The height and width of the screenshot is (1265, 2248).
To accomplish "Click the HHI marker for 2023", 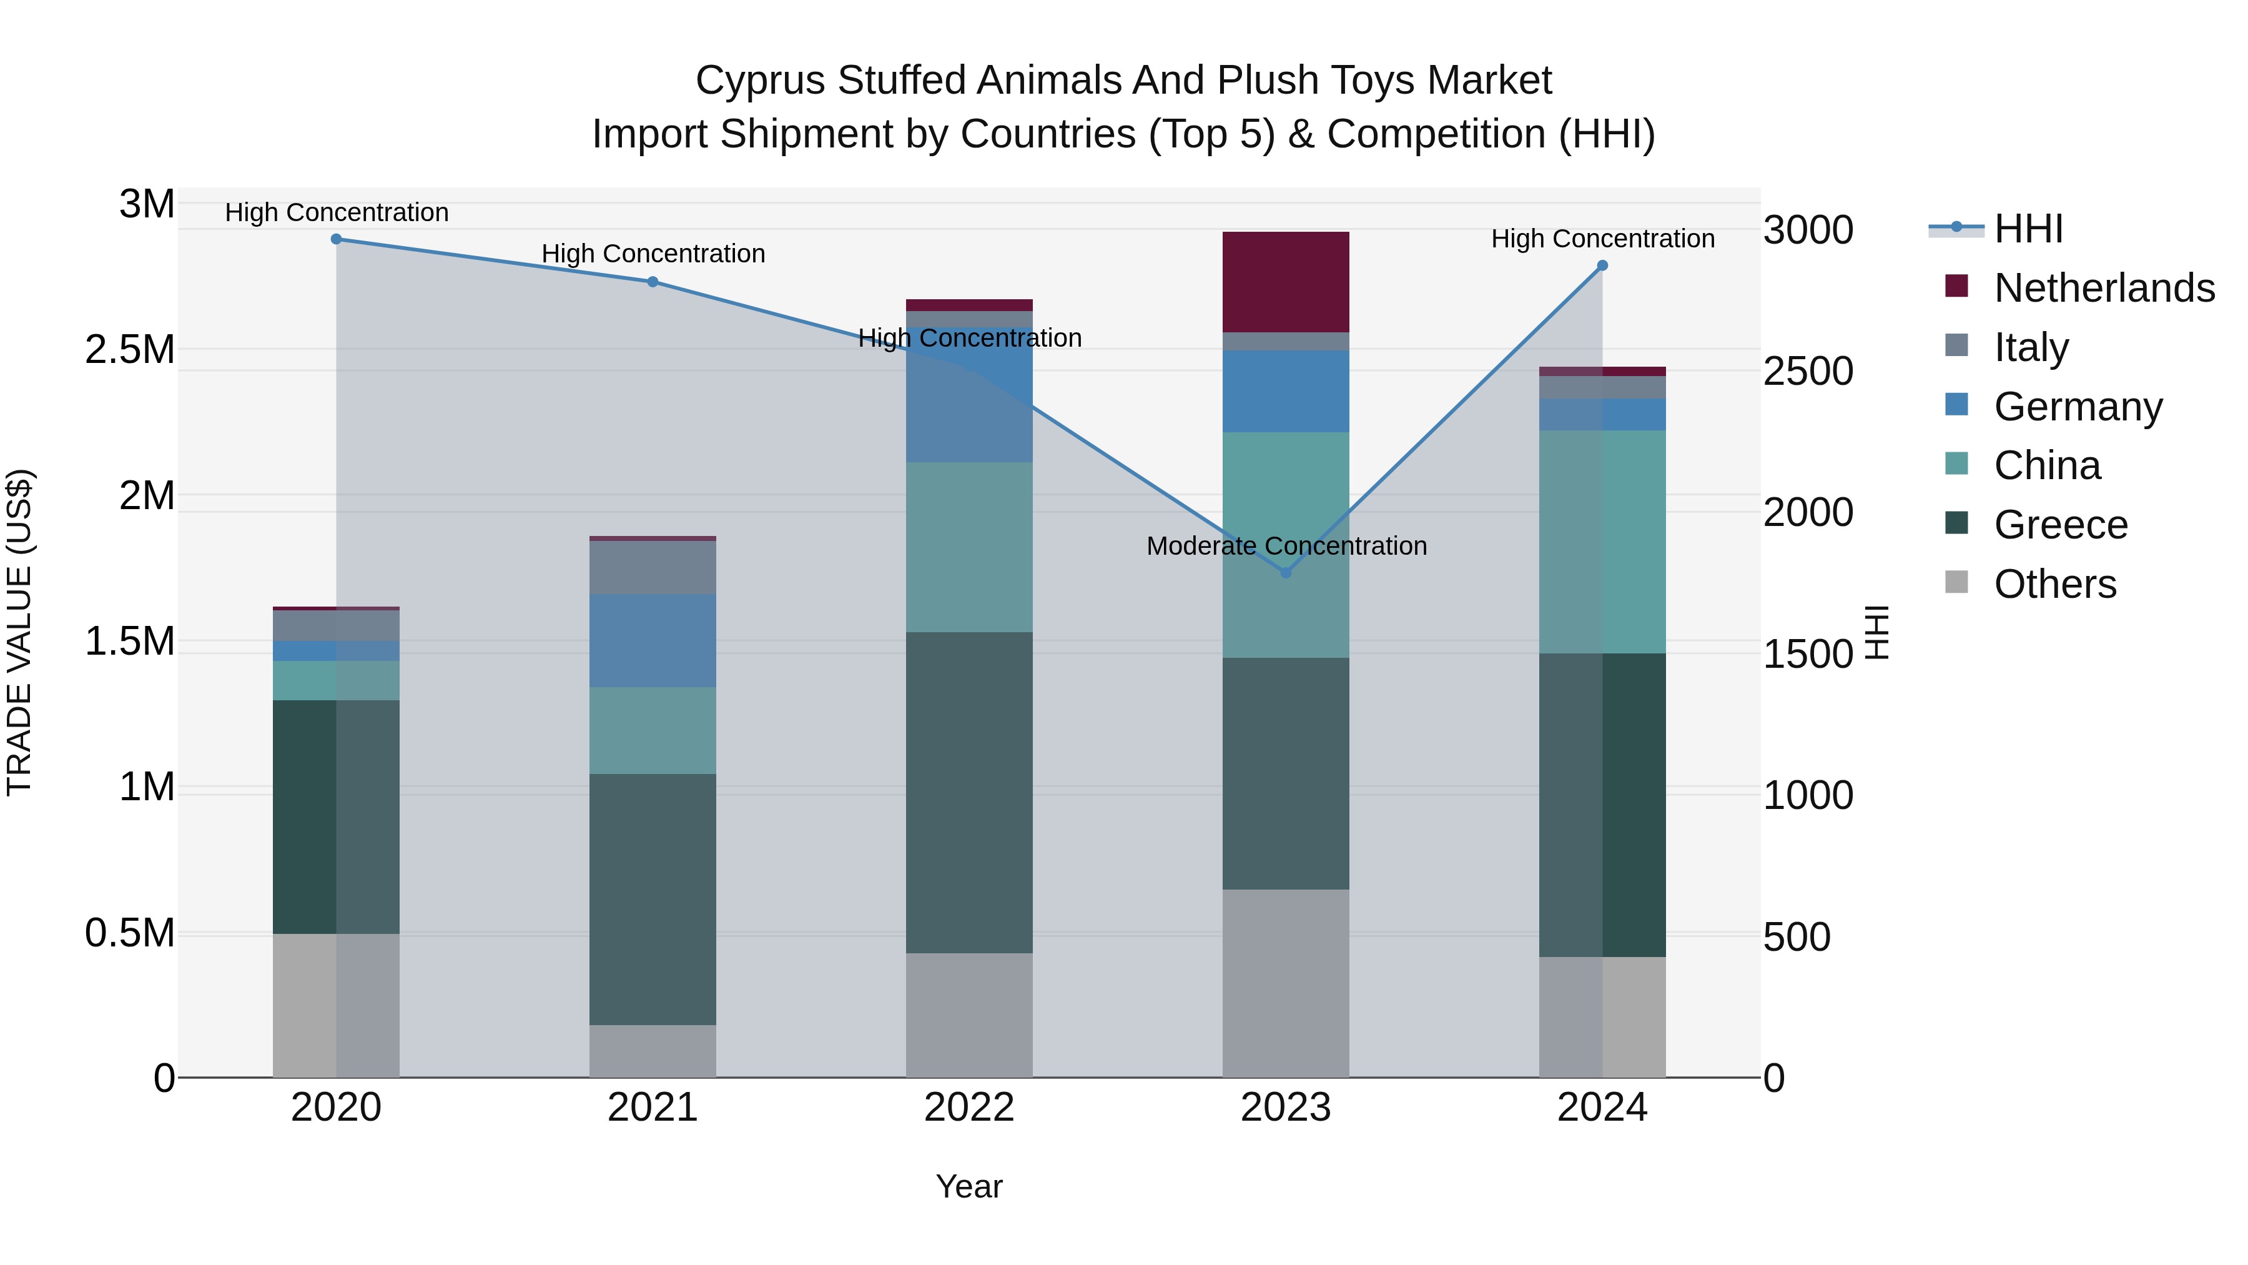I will point(1286,573).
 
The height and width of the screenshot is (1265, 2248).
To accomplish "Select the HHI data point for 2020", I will point(336,239).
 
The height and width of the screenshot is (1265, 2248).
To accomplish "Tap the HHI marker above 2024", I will point(1602,265).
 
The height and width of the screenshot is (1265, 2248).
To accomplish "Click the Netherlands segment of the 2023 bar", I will point(1286,282).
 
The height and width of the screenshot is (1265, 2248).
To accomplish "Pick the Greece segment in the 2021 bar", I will point(653,899).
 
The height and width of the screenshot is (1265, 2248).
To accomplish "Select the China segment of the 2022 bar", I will point(969,547).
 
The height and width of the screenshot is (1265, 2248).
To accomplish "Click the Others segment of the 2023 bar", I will point(1286,984).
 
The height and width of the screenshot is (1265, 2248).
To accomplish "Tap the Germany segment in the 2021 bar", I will point(653,641).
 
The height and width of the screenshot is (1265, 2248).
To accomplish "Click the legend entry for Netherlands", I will point(2104,288).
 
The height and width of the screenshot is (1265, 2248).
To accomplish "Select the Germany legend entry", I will point(2078,407).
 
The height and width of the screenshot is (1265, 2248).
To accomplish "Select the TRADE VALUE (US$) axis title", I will point(19,632).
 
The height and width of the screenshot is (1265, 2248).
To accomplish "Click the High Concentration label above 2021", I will point(653,254).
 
